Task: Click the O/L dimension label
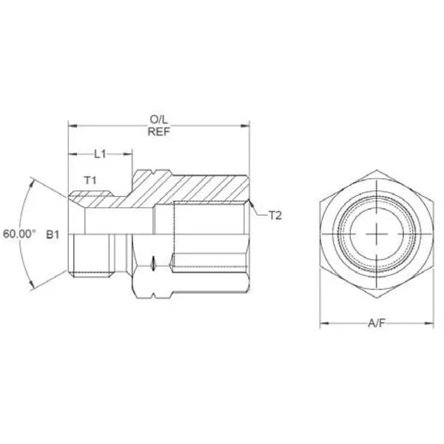[x=158, y=120]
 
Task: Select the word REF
[x=158, y=132]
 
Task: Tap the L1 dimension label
[x=100, y=155]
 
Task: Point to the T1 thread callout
[x=90, y=180]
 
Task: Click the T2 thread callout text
[x=275, y=216]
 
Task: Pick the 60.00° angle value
[x=19, y=234]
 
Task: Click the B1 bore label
[x=53, y=235]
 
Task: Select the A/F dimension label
[x=377, y=323]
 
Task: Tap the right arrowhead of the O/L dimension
[x=245, y=126]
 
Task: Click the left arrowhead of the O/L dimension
[x=73, y=126]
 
